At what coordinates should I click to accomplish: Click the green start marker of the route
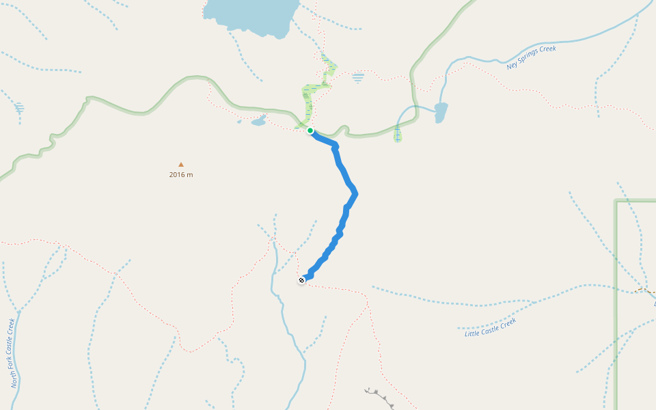pyautogui.click(x=310, y=131)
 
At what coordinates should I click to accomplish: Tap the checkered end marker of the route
pyautogui.click(x=301, y=280)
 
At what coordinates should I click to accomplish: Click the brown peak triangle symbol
pyautogui.click(x=181, y=165)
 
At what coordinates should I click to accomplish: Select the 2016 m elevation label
pyautogui.click(x=181, y=175)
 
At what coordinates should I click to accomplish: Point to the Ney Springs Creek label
pyautogui.click(x=531, y=57)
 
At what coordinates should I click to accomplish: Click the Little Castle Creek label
pyautogui.click(x=490, y=327)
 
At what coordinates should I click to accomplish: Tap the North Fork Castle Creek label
pyautogui.click(x=12, y=353)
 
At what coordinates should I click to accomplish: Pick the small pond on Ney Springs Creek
pyautogui.click(x=441, y=111)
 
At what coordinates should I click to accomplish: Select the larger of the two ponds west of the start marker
pyautogui.click(x=258, y=121)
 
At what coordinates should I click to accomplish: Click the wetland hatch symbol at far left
pyautogui.click(x=19, y=108)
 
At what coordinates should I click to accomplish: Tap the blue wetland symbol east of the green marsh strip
pyautogui.click(x=358, y=78)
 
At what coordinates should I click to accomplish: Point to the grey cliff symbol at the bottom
pyautogui.click(x=380, y=396)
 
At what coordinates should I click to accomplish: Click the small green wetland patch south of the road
pyautogui.click(x=398, y=133)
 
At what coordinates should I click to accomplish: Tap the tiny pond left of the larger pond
pyautogui.click(x=239, y=122)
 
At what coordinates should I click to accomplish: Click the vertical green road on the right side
pyautogui.click(x=616, y=307)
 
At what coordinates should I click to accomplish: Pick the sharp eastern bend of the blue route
pyautogui.click(x=355, y=195)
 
